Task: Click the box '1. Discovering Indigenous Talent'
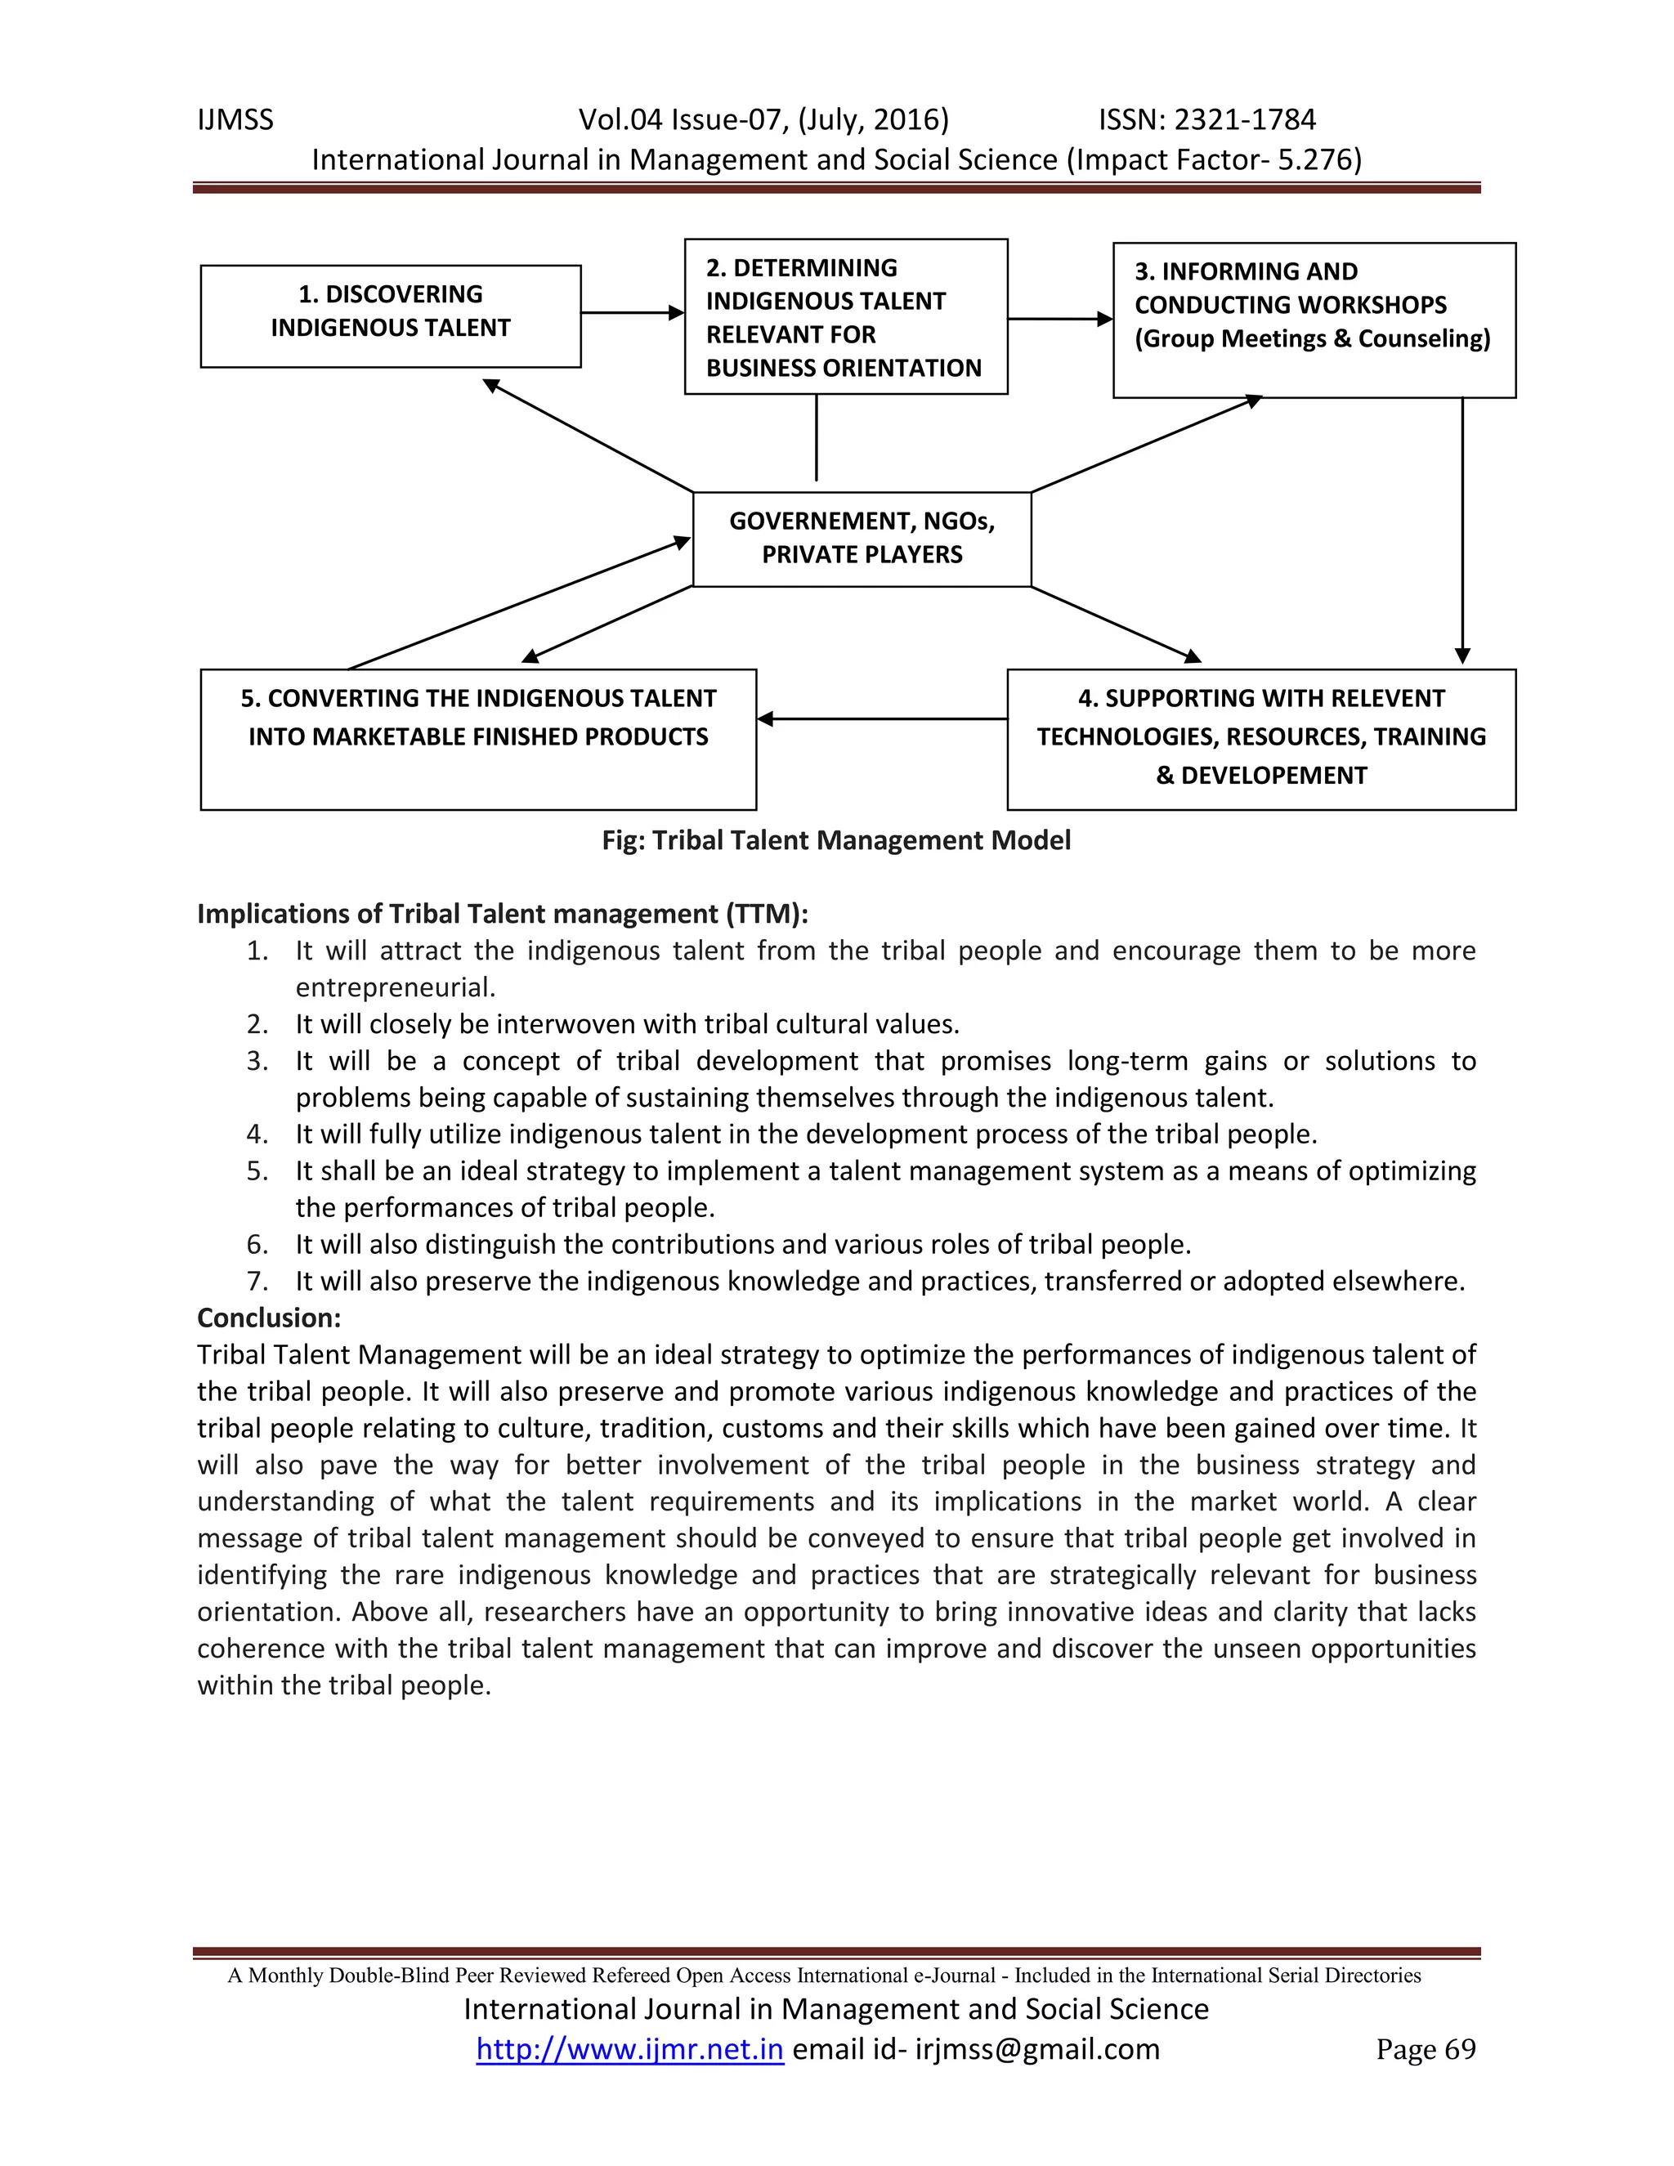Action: point(390,316)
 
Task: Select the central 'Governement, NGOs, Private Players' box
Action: point(861,539)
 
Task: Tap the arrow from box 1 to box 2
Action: point(632,313)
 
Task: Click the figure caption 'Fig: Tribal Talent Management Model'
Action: point(836,840)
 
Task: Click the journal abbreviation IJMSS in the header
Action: point(235,120)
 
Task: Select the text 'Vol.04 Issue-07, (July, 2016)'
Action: point(763,120)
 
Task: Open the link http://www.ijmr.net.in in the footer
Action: point(629,2049)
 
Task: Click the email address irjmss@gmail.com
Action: point(1036,2049)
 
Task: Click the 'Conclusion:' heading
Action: point(269,1318)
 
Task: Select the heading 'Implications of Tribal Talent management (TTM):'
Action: point(503,914)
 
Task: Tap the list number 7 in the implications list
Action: point(257,1282)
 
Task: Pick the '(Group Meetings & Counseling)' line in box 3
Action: point(1312,338)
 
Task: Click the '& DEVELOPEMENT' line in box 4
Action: point(1260,776)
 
